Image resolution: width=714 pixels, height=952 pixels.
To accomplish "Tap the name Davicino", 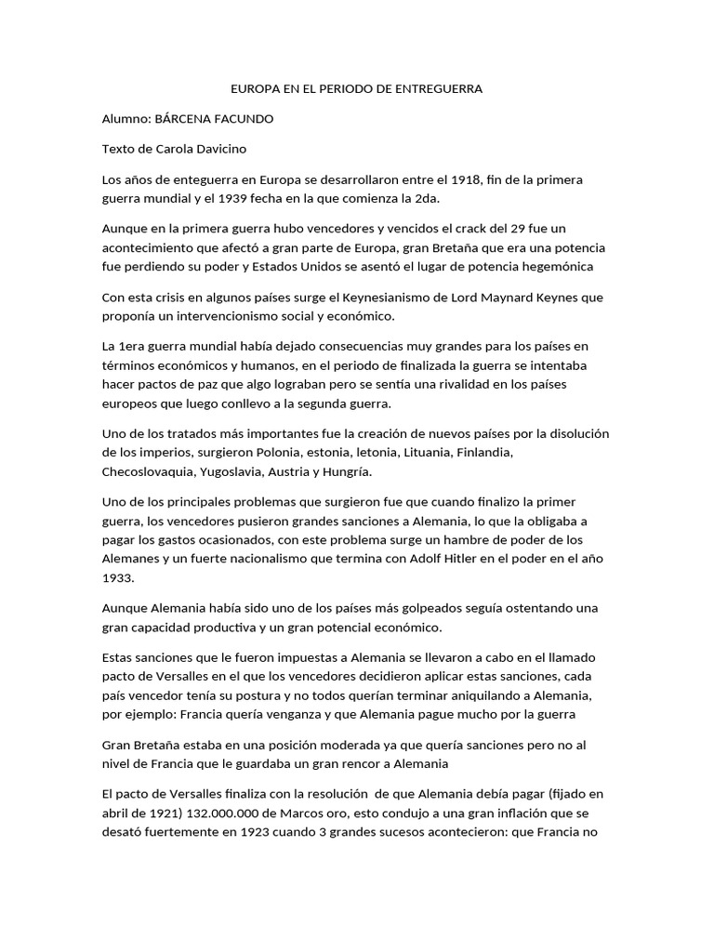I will (x=215, y=149).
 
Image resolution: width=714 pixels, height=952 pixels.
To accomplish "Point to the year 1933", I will (x=117, y=576).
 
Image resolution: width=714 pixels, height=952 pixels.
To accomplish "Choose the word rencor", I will (x=359, y=763).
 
